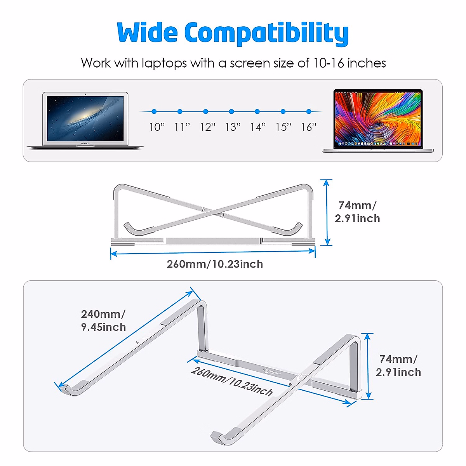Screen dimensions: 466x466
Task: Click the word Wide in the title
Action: (x=147, y=33)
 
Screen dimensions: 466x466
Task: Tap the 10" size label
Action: (x=157, y=127)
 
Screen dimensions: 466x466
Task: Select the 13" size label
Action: (x=233, y=127)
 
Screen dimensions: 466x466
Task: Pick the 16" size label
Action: (x=309, y=127)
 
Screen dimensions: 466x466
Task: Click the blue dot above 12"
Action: (x=205, y=111)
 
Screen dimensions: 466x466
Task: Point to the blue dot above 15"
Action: (x=283, y=111)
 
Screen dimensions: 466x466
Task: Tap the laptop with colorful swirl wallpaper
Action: (x=378, y=121)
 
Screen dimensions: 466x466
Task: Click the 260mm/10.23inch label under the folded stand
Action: (x=215, y=264)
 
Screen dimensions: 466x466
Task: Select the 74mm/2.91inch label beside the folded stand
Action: (x=357, y=212)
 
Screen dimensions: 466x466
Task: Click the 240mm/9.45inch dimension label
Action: (x=103, y=320)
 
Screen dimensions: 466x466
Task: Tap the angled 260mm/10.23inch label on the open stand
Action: (x=231, y=381)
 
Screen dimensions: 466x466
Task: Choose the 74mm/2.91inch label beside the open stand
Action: (x=398, y=365)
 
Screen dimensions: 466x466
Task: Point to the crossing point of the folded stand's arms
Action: (x=213, y=212)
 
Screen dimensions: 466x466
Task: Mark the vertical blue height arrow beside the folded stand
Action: (x=327, y=212)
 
